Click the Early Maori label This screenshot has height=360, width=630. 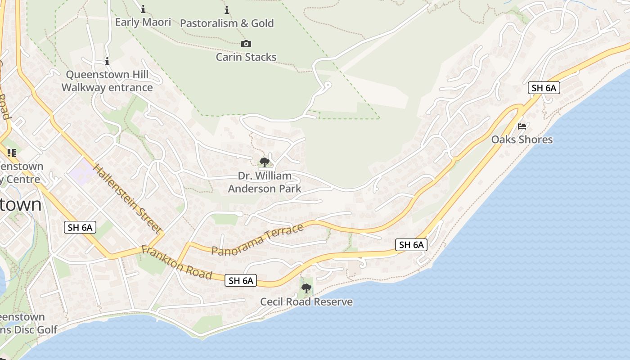[143, 22]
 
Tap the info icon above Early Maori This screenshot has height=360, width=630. [143, 9]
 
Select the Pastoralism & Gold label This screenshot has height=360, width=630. [227, 23]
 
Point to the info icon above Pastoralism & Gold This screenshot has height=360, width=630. [227, 10]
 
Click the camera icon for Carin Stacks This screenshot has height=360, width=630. [246, 44]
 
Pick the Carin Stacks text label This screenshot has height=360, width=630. [246, 57]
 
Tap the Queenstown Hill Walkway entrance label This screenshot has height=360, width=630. [107, 81]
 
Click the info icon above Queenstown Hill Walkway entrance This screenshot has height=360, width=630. [107, 61]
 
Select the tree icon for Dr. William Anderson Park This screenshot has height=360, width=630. [265, 162]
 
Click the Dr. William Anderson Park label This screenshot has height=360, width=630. [265, 182]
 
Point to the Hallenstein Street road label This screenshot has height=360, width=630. [127, 199]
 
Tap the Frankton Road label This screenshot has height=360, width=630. [176, 262]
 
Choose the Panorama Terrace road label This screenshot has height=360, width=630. [257, 240]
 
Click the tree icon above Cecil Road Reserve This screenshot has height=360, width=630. [306, 288]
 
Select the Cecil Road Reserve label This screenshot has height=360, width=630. [306, 301]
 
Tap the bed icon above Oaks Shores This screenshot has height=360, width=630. [522, 126]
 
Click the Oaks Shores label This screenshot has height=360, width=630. [522, 139]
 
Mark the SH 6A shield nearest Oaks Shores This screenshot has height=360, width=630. [544, 88]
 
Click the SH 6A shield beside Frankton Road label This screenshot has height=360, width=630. [241, 281]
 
